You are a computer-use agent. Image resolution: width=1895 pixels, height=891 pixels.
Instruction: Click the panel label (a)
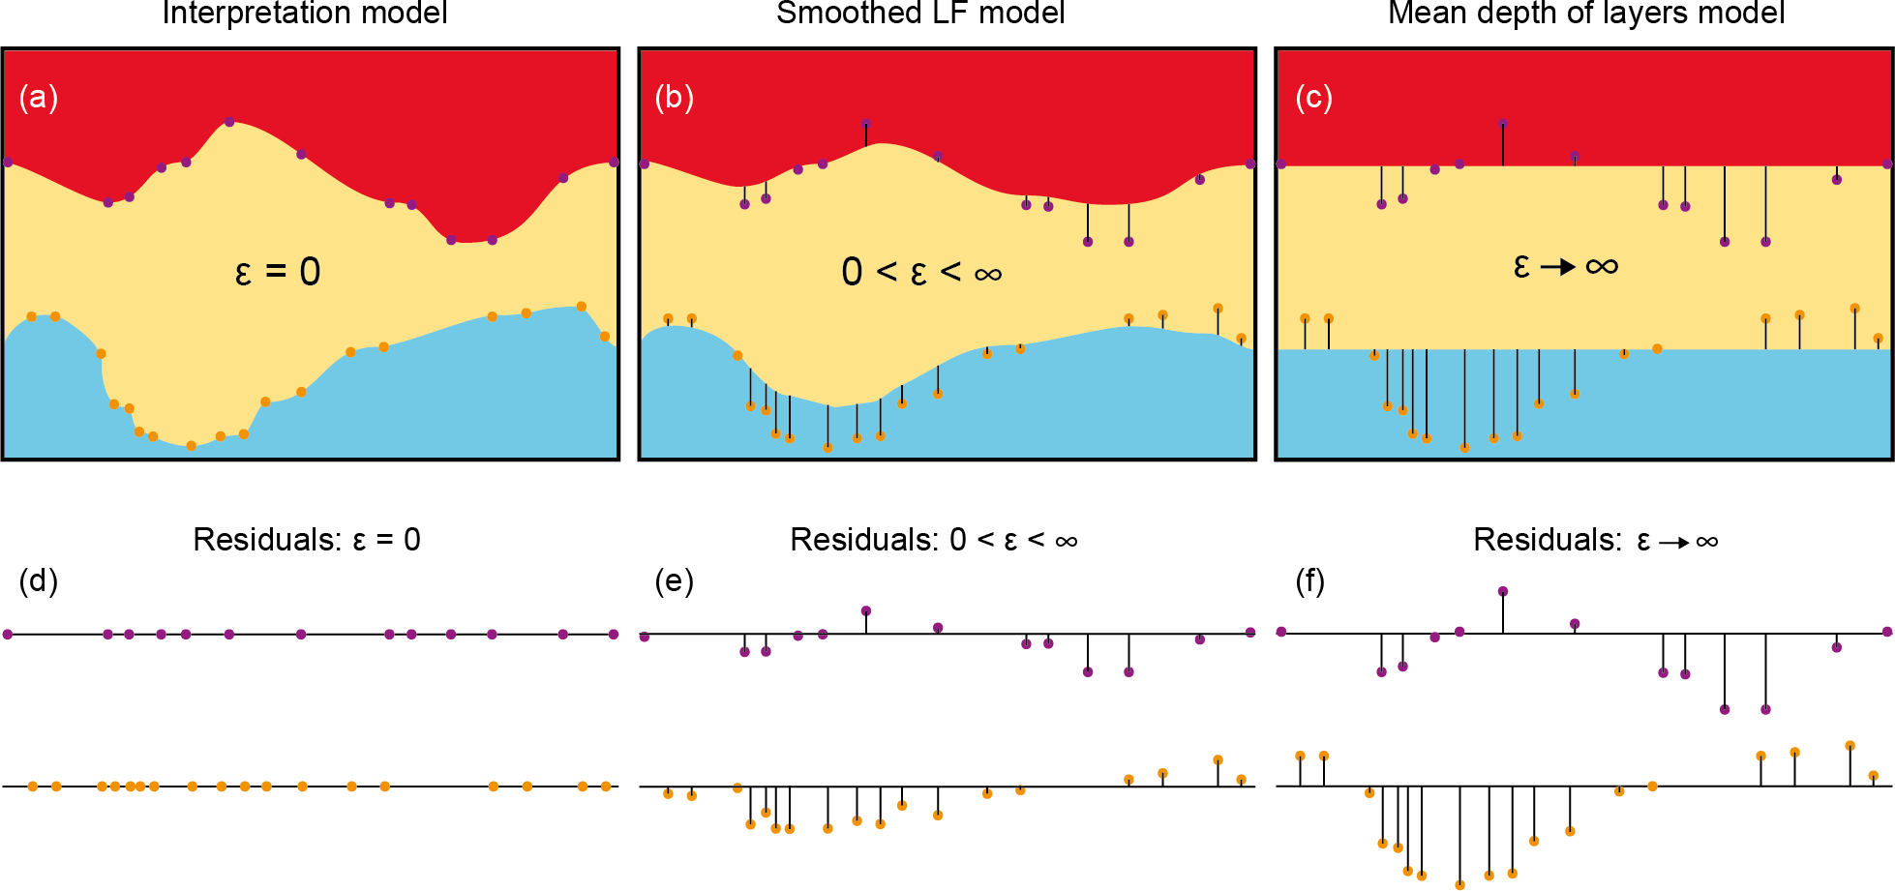click(x=39, y=98)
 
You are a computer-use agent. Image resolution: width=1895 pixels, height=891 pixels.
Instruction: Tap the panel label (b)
click(x=675, y=98)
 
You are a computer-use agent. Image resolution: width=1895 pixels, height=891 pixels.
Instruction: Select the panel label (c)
click(x=1313, y=98)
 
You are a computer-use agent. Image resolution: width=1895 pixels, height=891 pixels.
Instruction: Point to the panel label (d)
click(x=39, y=580)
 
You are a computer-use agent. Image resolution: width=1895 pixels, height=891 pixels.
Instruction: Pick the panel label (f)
click(x=1310, y=581)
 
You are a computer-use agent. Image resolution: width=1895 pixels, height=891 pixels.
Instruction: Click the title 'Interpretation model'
click(x=305, y=14)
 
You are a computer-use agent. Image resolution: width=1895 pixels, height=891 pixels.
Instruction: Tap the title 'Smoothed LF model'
click(x=920, y=14)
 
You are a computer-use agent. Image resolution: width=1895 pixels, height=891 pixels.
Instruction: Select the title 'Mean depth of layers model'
click(x=1586, y=14)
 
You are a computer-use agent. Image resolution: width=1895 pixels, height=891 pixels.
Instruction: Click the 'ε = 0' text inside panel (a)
click(x=278, y=272)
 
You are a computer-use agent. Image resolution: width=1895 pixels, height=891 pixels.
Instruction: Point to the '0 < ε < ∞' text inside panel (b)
click(x=921, y=272)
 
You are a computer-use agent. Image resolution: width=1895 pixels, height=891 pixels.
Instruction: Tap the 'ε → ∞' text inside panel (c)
click(x=1566, y=266)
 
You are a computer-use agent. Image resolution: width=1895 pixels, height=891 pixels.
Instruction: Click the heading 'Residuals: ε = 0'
click(x=307, y=540)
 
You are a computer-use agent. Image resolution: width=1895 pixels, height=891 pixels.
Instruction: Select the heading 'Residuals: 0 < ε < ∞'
click(x=934, y=540)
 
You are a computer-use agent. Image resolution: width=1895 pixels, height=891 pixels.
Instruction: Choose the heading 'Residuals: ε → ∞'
click(x=1595, y=541)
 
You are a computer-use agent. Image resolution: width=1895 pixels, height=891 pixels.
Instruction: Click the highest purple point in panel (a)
click(x=229, y=122)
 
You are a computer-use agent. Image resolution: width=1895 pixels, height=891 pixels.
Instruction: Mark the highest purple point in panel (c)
click(x=1503, y=124)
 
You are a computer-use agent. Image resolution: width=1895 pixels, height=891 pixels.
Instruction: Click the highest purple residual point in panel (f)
click(x=1503, y=591)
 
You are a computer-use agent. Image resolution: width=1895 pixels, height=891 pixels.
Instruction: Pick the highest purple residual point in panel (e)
click(x=866, y=611)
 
